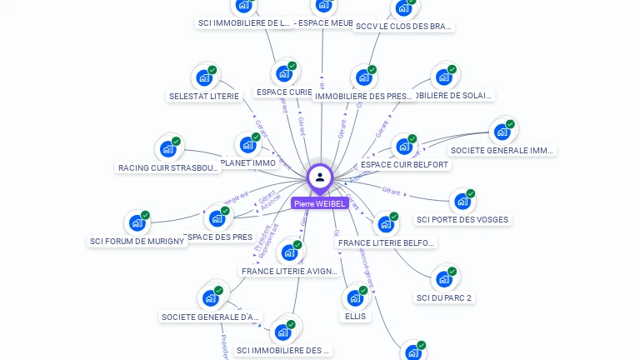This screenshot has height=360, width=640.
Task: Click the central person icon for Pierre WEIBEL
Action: click(319, 177)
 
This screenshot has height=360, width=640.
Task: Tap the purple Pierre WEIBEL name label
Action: click(319, 203)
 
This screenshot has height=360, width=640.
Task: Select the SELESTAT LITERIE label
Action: click(204, 96)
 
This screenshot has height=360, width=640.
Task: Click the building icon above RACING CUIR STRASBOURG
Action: click(168, 150)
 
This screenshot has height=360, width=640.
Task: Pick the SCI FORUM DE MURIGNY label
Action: click(137, 242)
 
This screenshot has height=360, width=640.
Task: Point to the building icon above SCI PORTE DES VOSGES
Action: click(462, 202)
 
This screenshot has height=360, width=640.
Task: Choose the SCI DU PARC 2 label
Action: click(443, 297)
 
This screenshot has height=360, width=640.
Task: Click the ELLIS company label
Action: click(355, 317)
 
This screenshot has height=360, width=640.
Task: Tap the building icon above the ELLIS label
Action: click(354, 298)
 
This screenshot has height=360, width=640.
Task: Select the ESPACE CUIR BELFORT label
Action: click(404, 165)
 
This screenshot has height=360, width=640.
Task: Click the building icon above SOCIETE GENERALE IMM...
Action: click(502, 132)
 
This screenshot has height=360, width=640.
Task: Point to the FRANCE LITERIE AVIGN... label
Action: click(289, 272)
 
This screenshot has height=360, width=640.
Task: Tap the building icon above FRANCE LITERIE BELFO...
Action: click(385, 224)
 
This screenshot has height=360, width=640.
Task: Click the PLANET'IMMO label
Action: click(248, 163)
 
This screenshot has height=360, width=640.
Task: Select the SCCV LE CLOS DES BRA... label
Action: click(403, 26)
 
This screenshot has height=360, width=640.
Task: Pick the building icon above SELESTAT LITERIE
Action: click(203, 78)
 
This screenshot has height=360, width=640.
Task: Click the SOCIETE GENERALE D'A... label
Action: click(212, 317)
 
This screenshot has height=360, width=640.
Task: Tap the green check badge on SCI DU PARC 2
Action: click(452, 272)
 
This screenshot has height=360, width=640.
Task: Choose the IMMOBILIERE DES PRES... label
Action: click(363, 96)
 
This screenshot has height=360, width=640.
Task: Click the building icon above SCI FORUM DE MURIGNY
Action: click(137, 223)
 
